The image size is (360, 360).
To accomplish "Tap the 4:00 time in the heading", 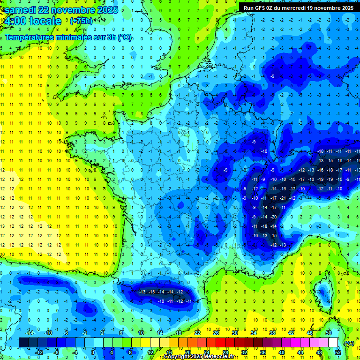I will pos(15,22).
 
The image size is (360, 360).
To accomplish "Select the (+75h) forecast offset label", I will pos(81,21).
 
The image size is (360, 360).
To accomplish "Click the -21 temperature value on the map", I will pos(283,198).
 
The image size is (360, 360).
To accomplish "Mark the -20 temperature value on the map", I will pos(273,217).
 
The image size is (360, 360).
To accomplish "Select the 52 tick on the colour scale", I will pos(338,352).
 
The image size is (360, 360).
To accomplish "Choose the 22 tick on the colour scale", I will pos(197,332).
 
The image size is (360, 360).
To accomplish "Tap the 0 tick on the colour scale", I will pos(92,352).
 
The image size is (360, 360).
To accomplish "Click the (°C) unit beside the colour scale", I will pos(349,343).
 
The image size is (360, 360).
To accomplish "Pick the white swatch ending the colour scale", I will pos(333,342).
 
